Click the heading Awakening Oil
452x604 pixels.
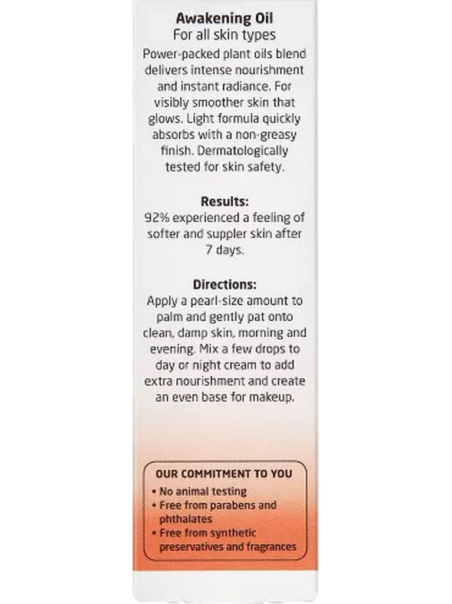click(225, 19)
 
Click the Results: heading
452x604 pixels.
click(225, 201)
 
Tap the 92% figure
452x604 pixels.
click(156, 218)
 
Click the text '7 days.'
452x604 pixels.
click(225, 250)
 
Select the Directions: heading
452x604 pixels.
click(225, 284)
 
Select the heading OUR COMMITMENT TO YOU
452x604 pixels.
click(223, 474)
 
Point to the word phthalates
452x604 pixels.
click(186, 519)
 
